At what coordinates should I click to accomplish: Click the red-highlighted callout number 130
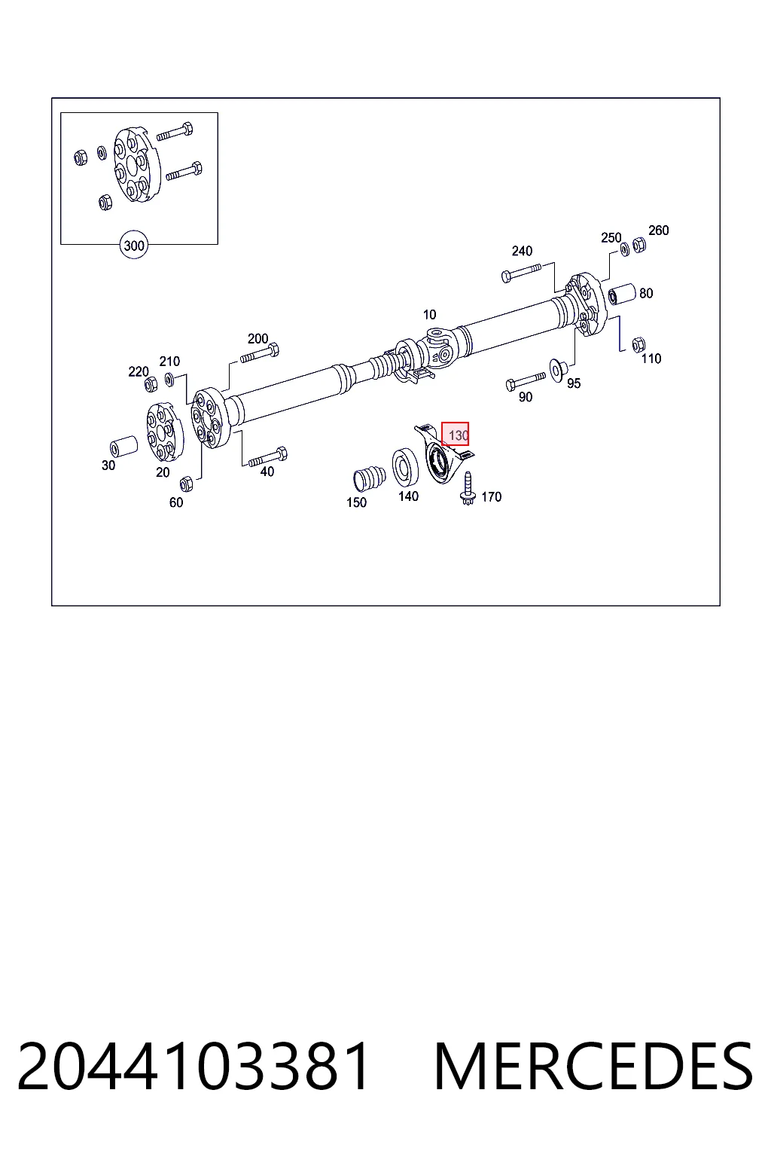[x=455, y=434]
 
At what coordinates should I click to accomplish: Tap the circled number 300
[x=134, y=245]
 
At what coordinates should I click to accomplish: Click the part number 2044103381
[x=194, y=1066]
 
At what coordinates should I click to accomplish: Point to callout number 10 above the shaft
[x=429, y=314]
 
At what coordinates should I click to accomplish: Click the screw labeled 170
[x=468, y=488]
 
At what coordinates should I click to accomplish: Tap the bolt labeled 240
[x=521, y=272]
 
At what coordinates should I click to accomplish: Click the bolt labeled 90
[x=526, y=381]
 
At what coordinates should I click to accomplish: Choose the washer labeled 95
[x=558, y=369]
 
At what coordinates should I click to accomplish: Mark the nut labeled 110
[x=638, y=344]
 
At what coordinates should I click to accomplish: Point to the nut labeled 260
[x=638, y=244]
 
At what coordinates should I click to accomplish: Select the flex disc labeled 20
[x=165, y=432]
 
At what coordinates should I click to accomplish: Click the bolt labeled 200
[x=259, y=354]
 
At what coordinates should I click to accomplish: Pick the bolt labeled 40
[x=268, y=457]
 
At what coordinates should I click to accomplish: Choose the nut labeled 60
[x=186, y=484]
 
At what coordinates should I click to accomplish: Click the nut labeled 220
[x=151, y=383]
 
